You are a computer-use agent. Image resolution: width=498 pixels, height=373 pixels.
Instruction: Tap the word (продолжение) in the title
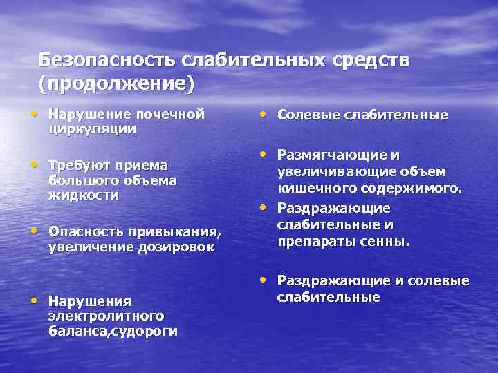point(117,84)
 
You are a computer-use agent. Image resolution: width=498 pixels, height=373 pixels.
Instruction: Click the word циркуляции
point(92,128)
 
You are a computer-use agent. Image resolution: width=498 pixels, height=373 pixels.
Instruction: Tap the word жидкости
point(84,195)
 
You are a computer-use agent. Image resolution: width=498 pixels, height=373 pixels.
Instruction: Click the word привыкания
point(174,231)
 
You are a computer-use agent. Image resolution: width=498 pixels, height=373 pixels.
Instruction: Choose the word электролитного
point(106,316)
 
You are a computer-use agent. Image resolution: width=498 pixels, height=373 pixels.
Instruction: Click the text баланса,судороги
point(112,331)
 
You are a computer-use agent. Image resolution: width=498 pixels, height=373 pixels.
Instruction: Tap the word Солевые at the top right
point(306,115)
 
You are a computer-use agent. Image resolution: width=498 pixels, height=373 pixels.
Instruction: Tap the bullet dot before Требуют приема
point(35,164)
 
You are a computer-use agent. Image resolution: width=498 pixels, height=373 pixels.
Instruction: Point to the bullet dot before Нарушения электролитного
point(35,299)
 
